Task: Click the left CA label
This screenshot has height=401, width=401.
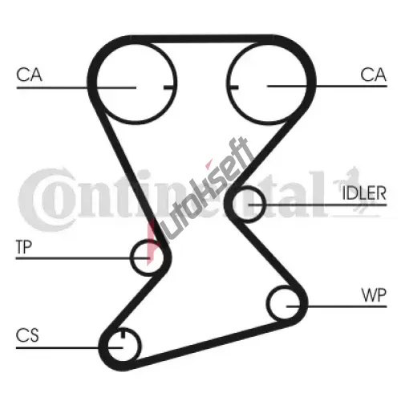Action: (x=29, y=75)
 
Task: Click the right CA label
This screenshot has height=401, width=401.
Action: (x=373, y=75)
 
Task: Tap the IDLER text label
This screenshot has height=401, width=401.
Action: (x=364, y=193)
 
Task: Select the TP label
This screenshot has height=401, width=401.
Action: (x=24, y=247)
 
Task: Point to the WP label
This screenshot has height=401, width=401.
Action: (x=374, y=295)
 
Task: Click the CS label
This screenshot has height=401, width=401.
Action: (x=27, y=335)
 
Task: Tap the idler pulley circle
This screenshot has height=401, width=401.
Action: (x=265, y=205)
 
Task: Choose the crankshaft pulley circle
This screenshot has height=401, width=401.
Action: (x=140, y=345)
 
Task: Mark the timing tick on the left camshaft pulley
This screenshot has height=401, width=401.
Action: (x=169, y=87)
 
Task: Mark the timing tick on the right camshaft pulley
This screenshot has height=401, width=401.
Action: (x=233, y=87)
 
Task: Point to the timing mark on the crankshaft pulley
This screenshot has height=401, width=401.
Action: (x=123, y=334)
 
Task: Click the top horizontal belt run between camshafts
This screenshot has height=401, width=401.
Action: (x=202, y=39)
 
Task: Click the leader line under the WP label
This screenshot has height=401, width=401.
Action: (x=337, y=306)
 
